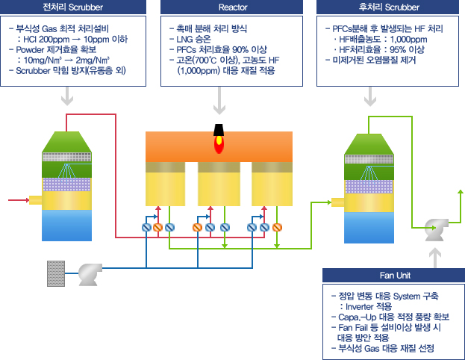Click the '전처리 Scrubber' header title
(73, 7)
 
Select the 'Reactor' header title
(233, 7)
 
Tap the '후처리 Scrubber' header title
(389, 7)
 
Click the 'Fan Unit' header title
(395, 276)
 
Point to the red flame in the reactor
(219, 144)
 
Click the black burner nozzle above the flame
(219, 130)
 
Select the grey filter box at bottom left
(56, 273)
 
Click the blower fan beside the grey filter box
(90, 274)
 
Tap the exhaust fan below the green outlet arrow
(436, 229)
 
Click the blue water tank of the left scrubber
(66, 226)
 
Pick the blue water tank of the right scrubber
(369, 228)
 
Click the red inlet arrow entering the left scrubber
(19, 200)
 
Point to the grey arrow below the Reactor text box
(219, 100)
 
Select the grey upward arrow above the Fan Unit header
(435, 258)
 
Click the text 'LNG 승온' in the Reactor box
(193, 39)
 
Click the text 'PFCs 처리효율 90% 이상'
(222, 49)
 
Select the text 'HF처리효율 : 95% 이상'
(381, 49)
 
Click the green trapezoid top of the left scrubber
(66, 142)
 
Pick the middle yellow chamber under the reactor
(219, 184)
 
